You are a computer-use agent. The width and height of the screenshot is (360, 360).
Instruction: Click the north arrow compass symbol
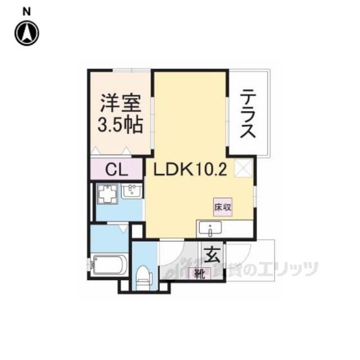coord(26,33)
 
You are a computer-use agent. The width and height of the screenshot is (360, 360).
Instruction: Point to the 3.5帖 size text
coord(120,124)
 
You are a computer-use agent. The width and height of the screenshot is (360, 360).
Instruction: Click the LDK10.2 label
coord(187,169)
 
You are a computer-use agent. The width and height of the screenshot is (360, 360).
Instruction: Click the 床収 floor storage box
coord(222,206)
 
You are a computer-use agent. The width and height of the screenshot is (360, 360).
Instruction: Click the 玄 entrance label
coord(211,255)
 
